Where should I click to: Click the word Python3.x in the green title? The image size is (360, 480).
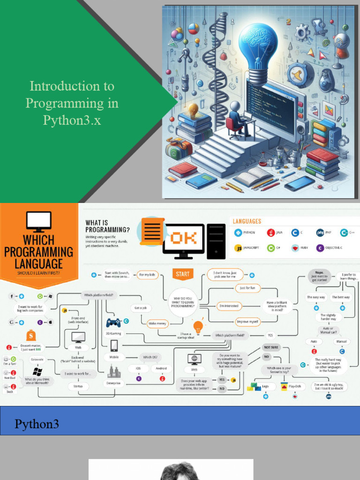[72, 120]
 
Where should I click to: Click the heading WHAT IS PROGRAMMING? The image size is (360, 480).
[108, 226]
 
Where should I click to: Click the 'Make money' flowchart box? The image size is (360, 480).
[158, 323]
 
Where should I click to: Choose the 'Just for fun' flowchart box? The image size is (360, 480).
[247, 288]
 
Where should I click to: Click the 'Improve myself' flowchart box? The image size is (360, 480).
[247, 322]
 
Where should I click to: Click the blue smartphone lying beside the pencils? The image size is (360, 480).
[299, 183]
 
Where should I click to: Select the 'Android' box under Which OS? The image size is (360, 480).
[161, 368]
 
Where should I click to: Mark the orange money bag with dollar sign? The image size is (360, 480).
[31, 335]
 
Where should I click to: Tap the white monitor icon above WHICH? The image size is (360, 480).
[38, 220]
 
